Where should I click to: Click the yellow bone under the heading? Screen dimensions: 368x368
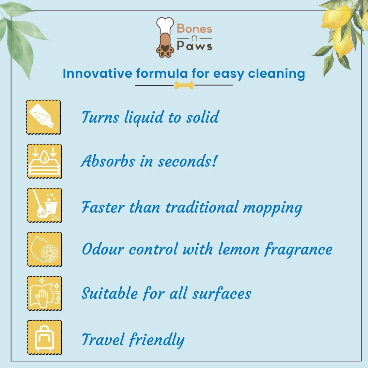184,85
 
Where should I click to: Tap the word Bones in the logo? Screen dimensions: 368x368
194,29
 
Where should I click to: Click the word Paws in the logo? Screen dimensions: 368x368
194,46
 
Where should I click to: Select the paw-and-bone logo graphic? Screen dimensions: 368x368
165,37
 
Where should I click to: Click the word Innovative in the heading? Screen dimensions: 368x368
97,74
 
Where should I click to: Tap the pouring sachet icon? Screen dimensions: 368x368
44,117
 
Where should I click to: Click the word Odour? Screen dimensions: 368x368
103,250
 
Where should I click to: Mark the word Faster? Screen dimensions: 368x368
102,207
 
